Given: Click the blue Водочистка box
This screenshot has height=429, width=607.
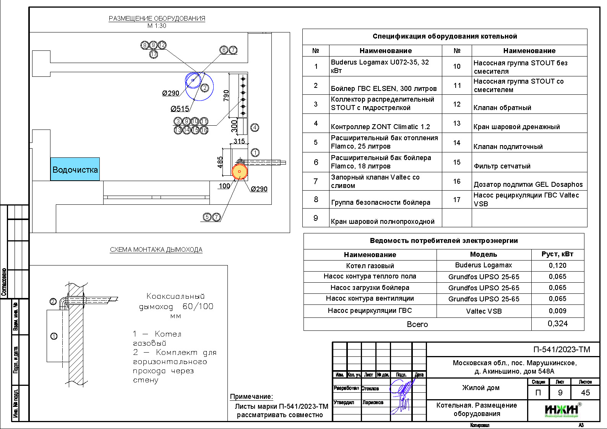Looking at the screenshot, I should pyautogui.click(x=75, y=169).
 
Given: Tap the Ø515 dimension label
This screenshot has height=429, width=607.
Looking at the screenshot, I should pyautogui.click(x=180, y=109).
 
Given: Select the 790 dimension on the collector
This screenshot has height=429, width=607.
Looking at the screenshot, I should pyautogui.click(x=226, y=95).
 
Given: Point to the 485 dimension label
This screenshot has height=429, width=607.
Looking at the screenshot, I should pyautogui.click(x=220, y=162).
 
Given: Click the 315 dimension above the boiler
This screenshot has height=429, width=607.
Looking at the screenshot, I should pyautogui.click(x=239, y=141).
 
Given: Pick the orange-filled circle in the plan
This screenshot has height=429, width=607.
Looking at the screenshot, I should pyautogui.click(x=240, y=172).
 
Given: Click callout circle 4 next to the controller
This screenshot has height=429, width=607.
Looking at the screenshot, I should pyautogui.click(x=255, y=128).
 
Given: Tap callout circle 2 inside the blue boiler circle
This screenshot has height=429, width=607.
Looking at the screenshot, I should pyautogui.click(x=204, y=87).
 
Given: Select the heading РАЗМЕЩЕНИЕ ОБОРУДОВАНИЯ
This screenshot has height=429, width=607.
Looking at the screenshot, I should pyautogui.click(x=157, y=18).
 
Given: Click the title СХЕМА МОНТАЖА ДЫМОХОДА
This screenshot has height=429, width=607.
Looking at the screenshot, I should pyautogui.click(x=156, y=250).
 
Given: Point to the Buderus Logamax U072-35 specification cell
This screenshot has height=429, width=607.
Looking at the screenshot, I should pyautogui.click(x=385, y=66).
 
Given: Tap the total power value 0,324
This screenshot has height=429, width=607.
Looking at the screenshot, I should pyautogui.click(x=558, y=324).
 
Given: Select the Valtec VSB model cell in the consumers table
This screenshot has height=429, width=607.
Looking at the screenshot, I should pyautogui.click(x=484, y=311).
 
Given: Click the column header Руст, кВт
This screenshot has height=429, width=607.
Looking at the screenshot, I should pyautogui.click(x=557, y=254).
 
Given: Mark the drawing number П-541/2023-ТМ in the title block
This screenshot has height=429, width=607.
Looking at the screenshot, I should pyautogui.click(x=562, y=350).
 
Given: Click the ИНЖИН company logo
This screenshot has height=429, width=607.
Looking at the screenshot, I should pyautogui.click(x=561, y=410).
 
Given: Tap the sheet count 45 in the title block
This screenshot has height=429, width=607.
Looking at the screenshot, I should pyautogui.click(x=585, y=392).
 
